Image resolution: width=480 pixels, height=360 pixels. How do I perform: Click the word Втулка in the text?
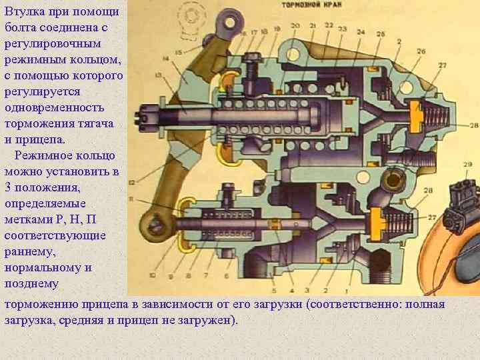(23, 11)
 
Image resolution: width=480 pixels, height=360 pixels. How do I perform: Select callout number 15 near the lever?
(178, 51)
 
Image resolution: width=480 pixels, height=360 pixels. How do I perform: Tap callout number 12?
(131, 181)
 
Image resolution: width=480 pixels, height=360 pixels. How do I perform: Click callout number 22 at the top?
(329, 25)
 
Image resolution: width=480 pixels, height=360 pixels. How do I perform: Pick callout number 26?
(420, 51)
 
